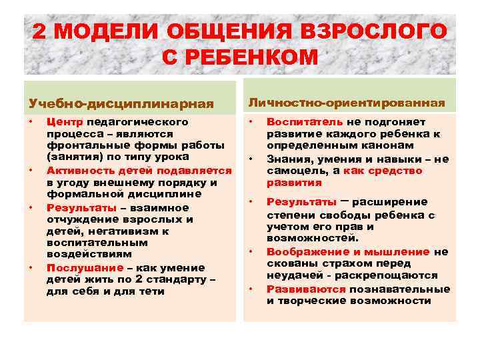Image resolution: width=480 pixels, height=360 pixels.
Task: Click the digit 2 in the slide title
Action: pyautogui.click(x=42, y=32)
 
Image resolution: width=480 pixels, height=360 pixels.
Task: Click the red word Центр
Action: pyautogui.click(x=65, y=123)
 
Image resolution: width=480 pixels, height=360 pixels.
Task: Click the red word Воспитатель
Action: pyautogui.click(x=305, y=122)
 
